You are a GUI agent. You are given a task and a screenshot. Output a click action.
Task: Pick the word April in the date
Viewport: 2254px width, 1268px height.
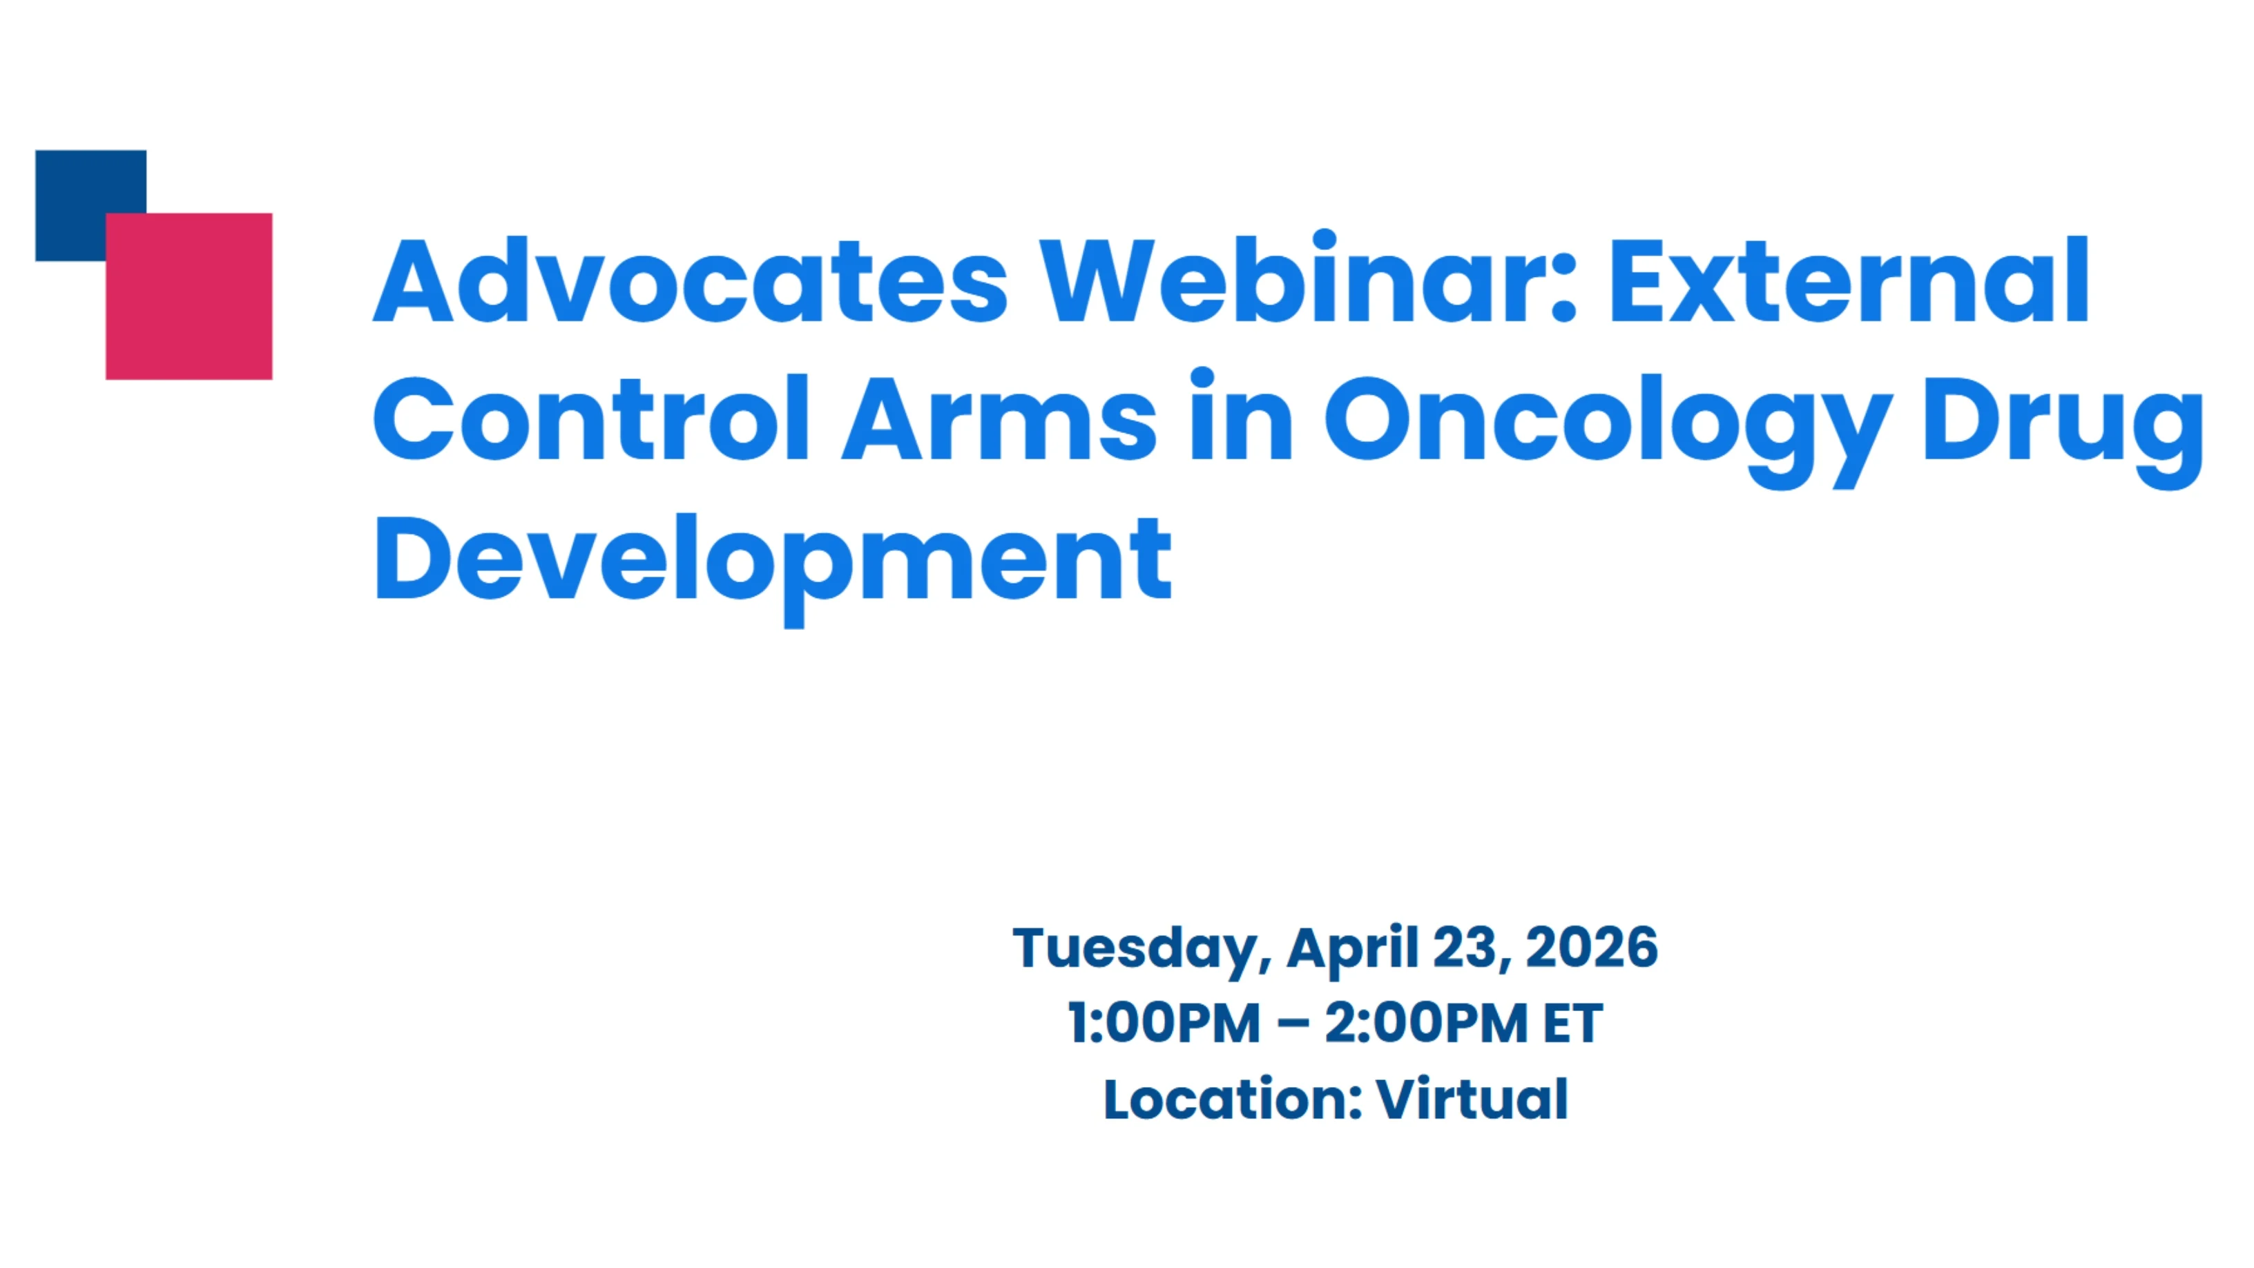pyautogui.click(x=1352, y=949)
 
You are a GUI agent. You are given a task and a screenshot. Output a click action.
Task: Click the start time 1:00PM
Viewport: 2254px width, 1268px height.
pyautogui.click(x=1164, y=1023)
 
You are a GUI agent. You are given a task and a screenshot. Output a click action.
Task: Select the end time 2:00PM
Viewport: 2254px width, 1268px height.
pyautogui.click(x=1425, y=1023)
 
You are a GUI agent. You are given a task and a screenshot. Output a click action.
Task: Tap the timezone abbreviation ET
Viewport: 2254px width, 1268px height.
pyautogui.click(x=1572, y=1023)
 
